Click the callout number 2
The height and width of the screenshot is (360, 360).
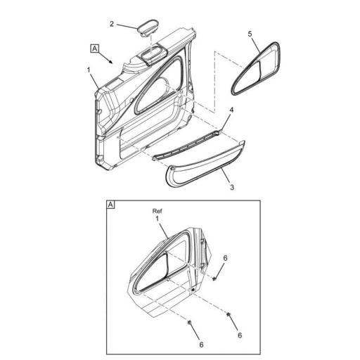click(x=112, y=24)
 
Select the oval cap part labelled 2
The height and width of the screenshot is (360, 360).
click(x=147, y=28)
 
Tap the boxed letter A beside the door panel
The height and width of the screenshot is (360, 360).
click(x=95, y=49)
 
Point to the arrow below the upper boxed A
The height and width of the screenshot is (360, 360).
click(x=105, y=58)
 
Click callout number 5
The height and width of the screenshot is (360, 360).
click(x=250, y=34)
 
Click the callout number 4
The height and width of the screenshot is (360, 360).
click(x=231, y=110)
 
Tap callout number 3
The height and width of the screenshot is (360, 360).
click(x=232, y=187)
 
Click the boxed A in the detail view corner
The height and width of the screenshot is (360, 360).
click(x=110, y=205)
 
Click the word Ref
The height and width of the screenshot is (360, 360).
click(x=157, y=211)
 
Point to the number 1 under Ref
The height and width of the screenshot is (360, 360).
click(x=157, y=219)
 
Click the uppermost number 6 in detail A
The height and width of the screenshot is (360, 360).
click(x=225, y=258)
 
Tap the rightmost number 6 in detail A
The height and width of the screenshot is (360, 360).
click(x=240, y=335)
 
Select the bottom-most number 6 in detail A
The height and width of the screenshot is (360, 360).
click(x=202, y=345)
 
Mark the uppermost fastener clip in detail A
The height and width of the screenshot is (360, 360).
click(x=214, y=279)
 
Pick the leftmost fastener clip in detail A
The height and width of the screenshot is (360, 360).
click(x=189, y=323)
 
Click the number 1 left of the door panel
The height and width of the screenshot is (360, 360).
click(x=89, y=70)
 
